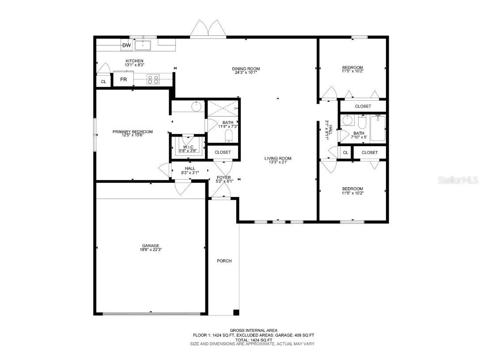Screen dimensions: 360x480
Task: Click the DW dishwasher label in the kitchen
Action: coord(127,45)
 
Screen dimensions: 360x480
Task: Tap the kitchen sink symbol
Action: coord(143,45)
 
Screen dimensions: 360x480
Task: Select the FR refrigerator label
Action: coord(124,80)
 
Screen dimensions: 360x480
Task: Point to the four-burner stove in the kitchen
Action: coord(153,80)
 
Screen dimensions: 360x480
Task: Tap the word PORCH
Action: coord(224,261)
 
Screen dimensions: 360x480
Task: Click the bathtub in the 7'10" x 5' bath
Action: coord(378,128)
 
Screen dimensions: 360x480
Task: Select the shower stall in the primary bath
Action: coord(223,108)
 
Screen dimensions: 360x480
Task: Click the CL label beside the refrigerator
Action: coord(103,82)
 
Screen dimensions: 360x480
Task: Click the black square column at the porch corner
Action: coord(236,312)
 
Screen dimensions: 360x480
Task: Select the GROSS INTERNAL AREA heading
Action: coord(253,330)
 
